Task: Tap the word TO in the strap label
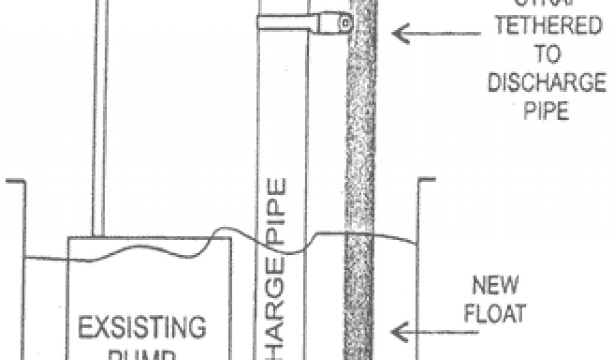pyautogui.click(x=545, y=55)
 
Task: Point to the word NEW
pyautogui.click(x=495, y=286)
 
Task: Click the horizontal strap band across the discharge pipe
pyautogui.click(x=288, y=23)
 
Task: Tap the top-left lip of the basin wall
pyautogui.click(x=15, y=181)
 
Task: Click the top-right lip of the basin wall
pyautogui.click(x=426, y=179)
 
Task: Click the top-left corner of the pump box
pyautogui.click(x=68, y=238)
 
